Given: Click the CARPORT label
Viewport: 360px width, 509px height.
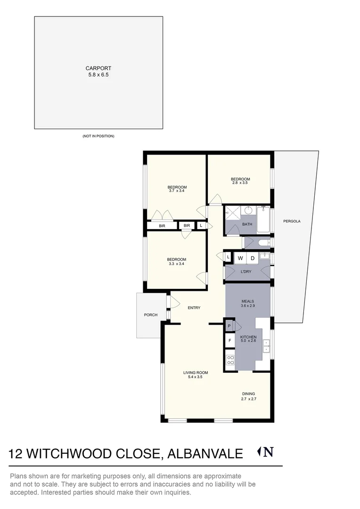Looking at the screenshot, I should point(98,68).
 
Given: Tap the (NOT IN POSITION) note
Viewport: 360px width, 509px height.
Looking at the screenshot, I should point(98,136).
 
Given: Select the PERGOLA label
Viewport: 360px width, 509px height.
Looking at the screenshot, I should point(292,221).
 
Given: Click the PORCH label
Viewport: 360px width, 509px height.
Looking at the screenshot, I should point(151,315).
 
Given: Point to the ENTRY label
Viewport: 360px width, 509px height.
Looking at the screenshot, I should point(194,308).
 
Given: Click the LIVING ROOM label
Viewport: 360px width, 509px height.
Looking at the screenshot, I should point(196,372).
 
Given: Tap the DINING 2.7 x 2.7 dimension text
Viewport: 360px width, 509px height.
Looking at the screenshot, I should point(248,399).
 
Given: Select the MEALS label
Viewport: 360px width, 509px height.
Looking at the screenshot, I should point(248,301).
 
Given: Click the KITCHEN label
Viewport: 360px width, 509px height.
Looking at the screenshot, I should point(248,337).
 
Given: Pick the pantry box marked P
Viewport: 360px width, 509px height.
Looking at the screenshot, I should point(229,326).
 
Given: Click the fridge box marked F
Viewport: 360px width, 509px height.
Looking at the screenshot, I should point(229,340).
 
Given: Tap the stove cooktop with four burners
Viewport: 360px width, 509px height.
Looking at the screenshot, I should point(230,360).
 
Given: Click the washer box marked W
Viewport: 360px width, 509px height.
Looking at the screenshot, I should point(240,258).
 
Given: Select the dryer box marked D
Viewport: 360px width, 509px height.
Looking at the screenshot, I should point(252,258).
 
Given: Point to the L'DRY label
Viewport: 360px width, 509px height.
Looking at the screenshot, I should point(245,272).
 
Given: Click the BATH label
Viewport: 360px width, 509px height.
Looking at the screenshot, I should point(247,224).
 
